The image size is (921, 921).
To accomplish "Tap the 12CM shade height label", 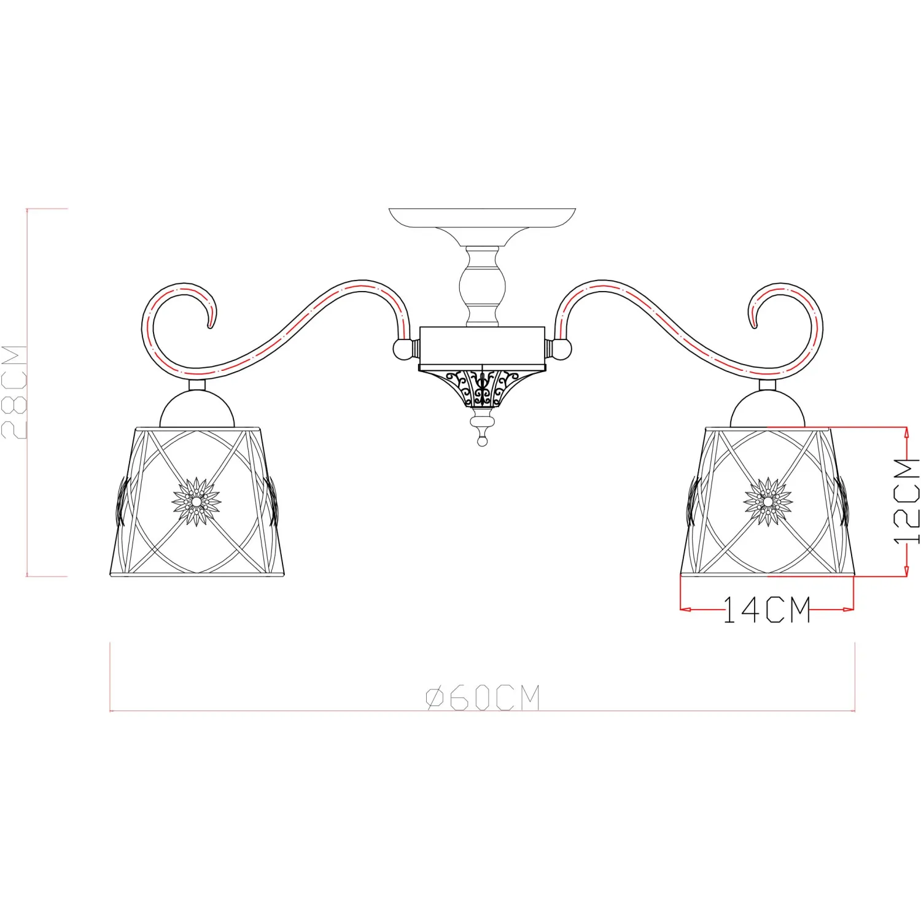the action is point(906,500).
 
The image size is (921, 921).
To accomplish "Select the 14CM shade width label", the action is point(767,610).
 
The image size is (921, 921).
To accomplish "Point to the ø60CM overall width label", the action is point(483,698).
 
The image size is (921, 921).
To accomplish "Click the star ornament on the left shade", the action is point(196,502).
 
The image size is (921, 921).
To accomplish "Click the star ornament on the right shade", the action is point(767,502).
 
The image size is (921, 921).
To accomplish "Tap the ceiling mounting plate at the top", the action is point(482,218).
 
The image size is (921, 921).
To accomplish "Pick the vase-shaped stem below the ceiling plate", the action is point(483,286).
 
